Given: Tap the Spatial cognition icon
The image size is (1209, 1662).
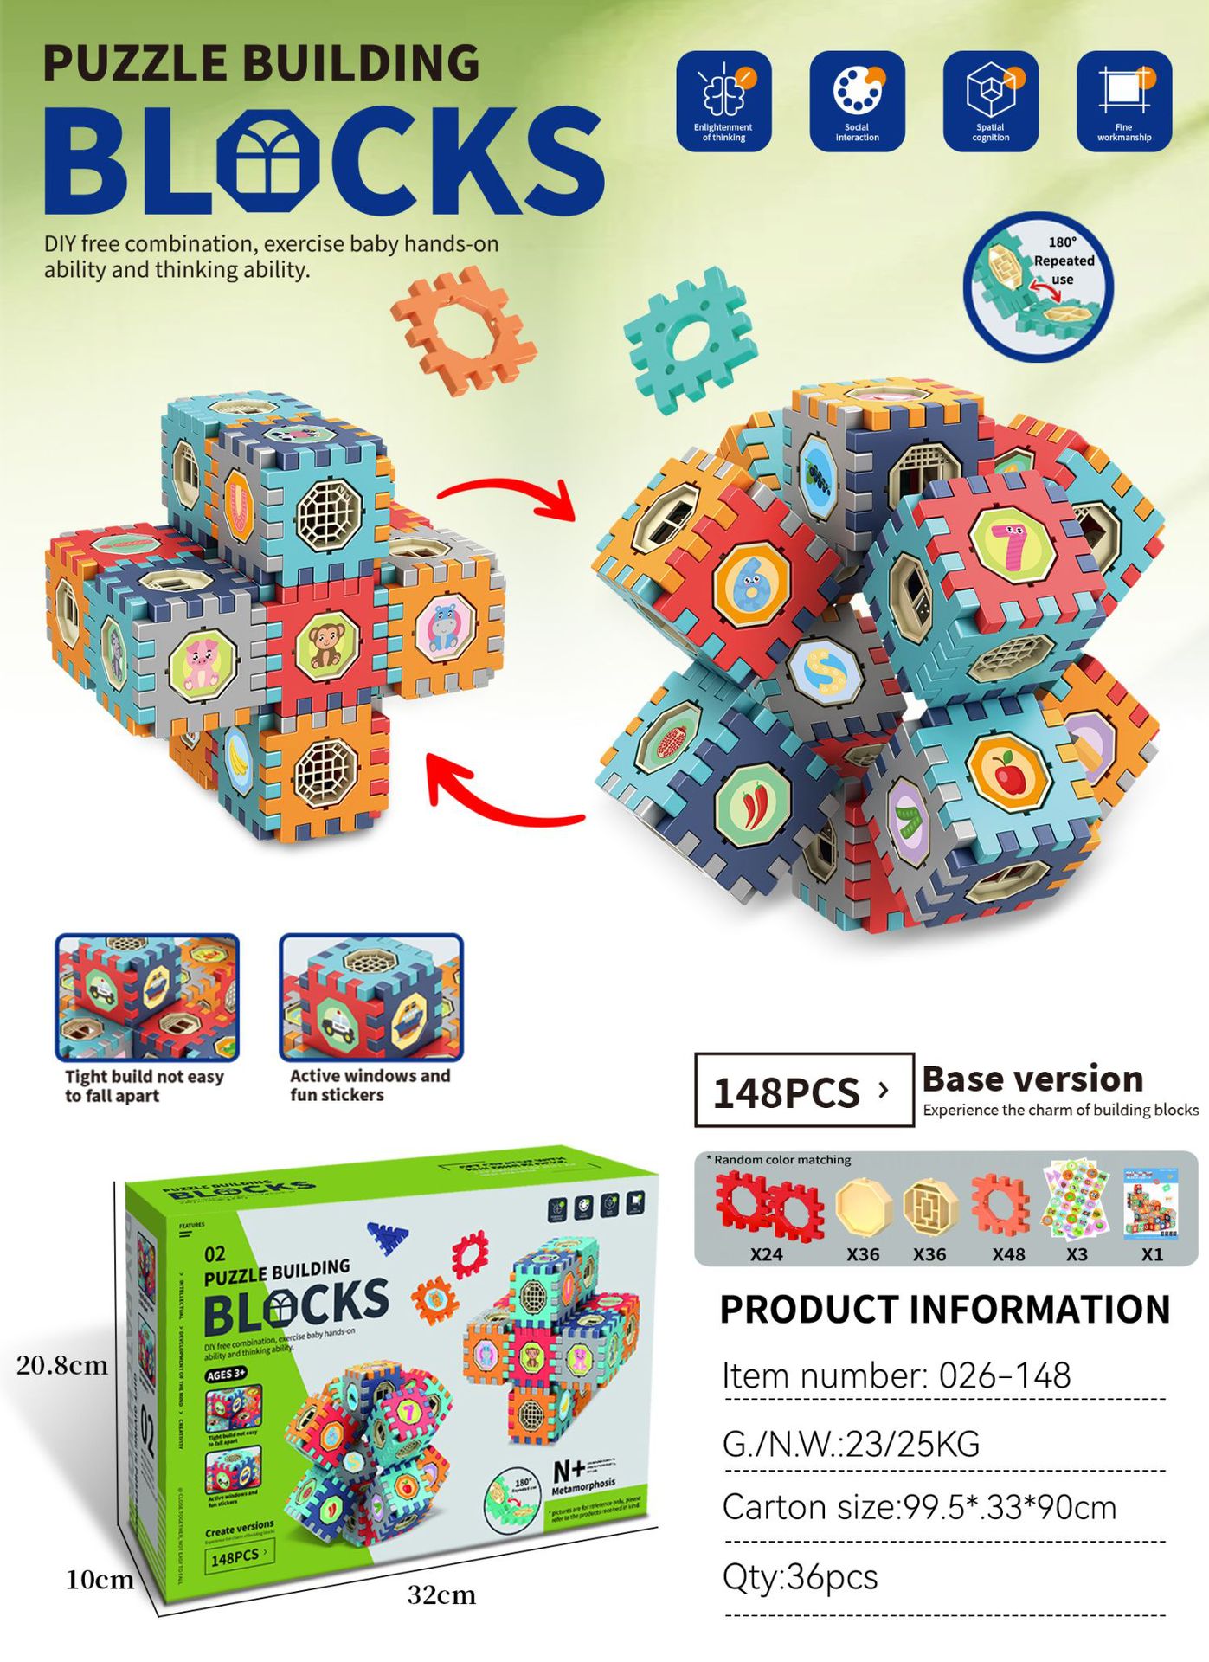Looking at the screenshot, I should (x=990, y=100).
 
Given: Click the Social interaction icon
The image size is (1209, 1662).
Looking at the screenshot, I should (x=857, y=100).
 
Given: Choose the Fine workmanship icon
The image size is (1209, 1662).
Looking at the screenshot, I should (x=1123, y=100).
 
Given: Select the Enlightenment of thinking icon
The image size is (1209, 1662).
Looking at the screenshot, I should (x=723, y=100).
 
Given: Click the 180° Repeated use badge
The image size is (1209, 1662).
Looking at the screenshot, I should (x=1039, y=286).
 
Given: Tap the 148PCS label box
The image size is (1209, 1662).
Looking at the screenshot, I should (x=803, y=1091).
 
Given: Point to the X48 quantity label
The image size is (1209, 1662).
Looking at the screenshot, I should (x=1008, y=1254).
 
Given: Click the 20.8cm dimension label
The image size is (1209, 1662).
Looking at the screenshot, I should (x=62, y=1366).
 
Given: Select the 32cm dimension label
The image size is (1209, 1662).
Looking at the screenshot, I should (x=441, y=1595).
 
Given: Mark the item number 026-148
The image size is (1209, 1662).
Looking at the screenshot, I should (x=897, y=1375).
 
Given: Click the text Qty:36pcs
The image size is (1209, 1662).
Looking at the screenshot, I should (x=801, y=1577).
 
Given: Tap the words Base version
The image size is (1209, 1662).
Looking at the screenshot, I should (x=1032, y=1079).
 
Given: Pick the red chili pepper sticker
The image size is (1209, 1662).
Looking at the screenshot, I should (x=753, y=808).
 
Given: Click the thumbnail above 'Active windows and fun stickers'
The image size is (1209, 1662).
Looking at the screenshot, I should (x=371, y=997).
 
